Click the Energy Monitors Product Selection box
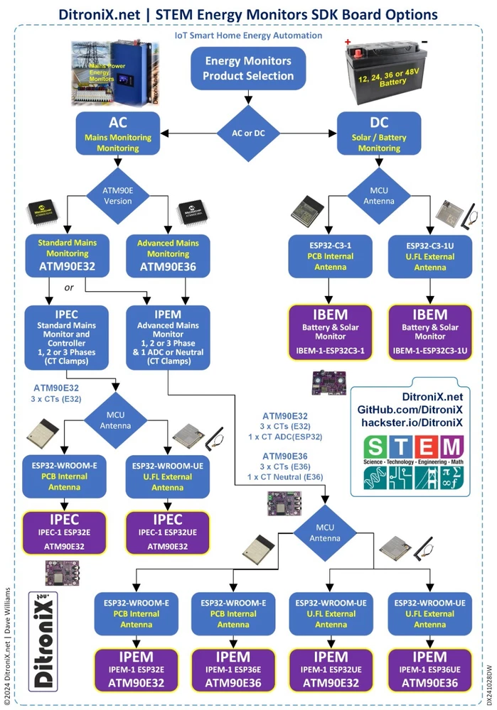pyautogui.click(x=248, y=69)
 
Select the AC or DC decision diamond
pyautogui.click(x=248, y=131)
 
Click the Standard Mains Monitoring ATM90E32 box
pyautogui.click(x=67, y=255)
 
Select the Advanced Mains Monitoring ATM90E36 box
pyautogui.click(x=168, y=255)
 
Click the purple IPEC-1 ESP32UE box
pyautogui.click(x=167, y=530)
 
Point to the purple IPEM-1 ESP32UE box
pyautogui.click(x=331, y=669)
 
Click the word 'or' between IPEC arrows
pyautogui.click(x=69, y=288)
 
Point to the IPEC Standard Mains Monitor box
pyautogui.click(x=67, y=337)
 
